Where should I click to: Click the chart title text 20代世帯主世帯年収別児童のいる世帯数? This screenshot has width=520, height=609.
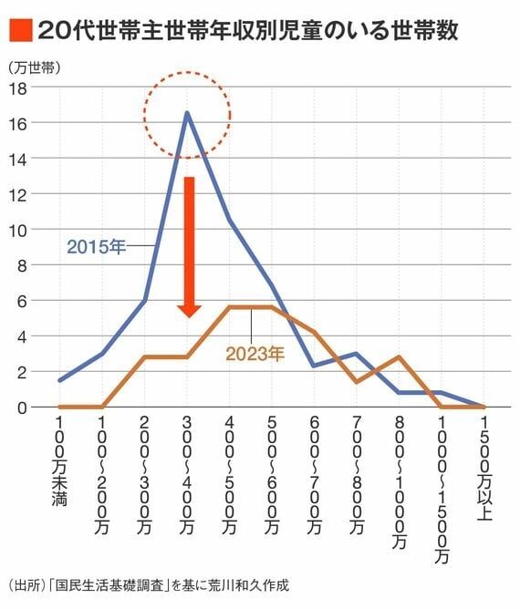246,30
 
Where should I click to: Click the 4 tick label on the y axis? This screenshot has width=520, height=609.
20,336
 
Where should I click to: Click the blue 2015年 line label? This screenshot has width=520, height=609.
96,247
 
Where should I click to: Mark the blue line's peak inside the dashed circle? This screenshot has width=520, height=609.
187,113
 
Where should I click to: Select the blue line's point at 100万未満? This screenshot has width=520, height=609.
59,380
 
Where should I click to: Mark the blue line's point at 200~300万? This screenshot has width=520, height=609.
144,301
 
